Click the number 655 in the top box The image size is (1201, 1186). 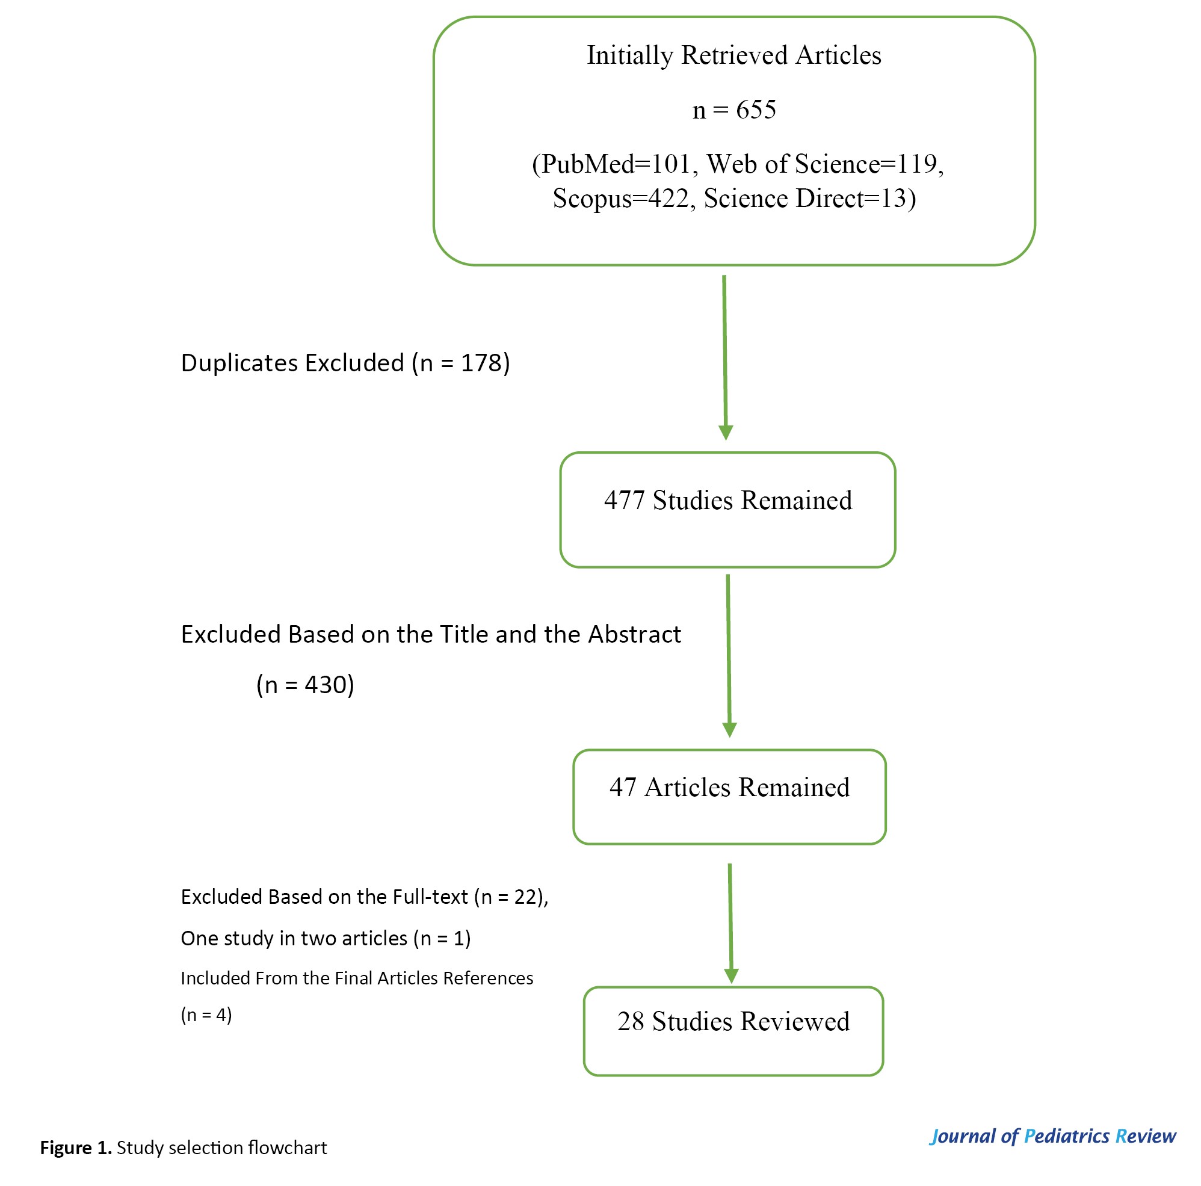click(x=756, y=110)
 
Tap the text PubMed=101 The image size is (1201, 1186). click(x=616, y=164)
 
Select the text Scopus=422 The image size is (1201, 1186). click(x=621, y=199)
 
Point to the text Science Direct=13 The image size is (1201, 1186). click(x=806, y=199)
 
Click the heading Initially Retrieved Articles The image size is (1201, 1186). click(x=734, y=55)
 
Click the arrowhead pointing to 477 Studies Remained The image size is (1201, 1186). click(x=726, y=433)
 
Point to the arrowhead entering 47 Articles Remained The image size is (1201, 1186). click(x=730, y=730)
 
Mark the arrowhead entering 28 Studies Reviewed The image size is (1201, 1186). click(x=732, y=976)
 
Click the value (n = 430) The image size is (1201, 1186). click(x=305, y=685)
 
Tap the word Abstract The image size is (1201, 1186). click(x=635, y=634)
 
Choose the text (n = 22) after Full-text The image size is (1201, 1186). click(x=510, y=897)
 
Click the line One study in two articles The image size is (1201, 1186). click(x=326, y=938)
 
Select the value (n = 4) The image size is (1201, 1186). click(x=206, y=1015)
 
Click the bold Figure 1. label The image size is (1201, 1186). click(x=76, y=1147)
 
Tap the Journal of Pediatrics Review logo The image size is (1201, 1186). click(x=1052, y=1136)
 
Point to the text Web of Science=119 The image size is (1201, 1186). click(x=826, y=164)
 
